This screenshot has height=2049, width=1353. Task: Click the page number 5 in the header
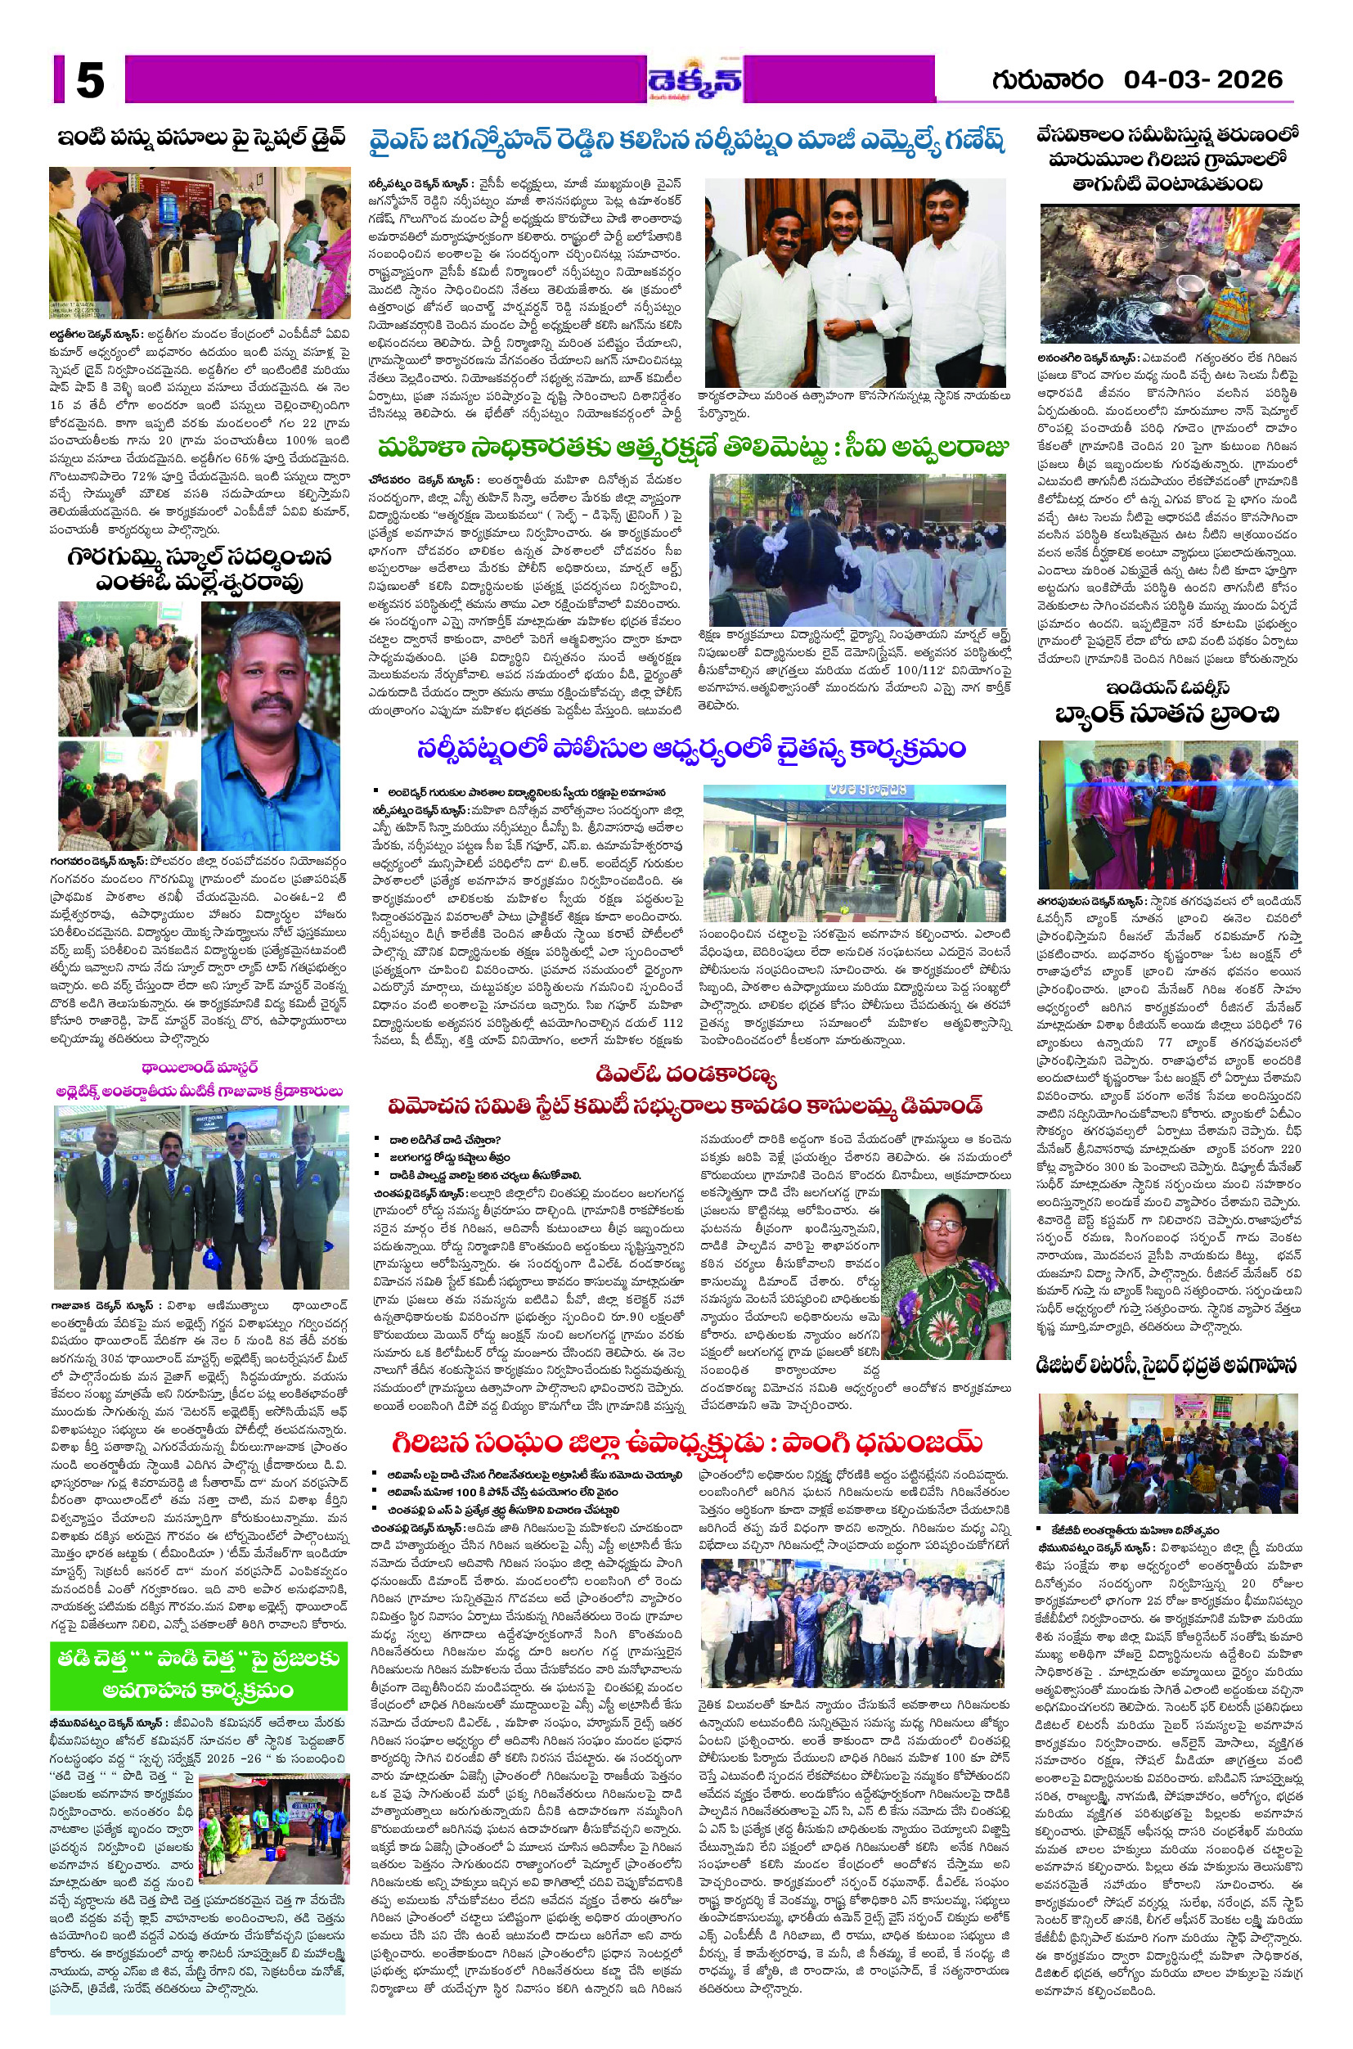point(90,81)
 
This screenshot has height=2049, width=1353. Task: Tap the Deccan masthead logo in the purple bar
point(694,81)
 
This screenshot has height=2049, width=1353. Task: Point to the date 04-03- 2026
point(1202,80)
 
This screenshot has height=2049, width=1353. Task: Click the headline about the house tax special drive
point(201,138)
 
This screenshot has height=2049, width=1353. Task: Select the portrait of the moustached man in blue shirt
point(270,725)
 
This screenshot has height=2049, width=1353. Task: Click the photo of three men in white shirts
point(855,282)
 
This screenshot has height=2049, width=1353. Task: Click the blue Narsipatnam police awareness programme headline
point(690,747)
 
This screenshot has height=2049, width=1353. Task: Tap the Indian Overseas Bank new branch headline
point(1167,703)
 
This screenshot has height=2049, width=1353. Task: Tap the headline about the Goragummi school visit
point(200,569)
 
